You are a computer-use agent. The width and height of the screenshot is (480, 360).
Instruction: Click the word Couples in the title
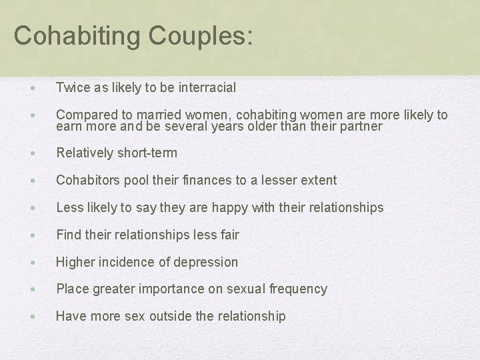pos(197,35)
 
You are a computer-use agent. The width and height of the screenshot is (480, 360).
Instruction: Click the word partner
pos(360,126)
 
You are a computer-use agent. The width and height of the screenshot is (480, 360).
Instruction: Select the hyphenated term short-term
pos(147,153)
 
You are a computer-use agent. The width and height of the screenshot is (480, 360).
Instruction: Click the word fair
pos(228,235)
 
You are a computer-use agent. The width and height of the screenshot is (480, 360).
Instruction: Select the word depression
pos(206,262)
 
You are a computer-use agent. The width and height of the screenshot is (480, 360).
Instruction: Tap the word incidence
pos(127,262)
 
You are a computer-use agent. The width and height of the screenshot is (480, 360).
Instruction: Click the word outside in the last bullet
pos(171,317)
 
